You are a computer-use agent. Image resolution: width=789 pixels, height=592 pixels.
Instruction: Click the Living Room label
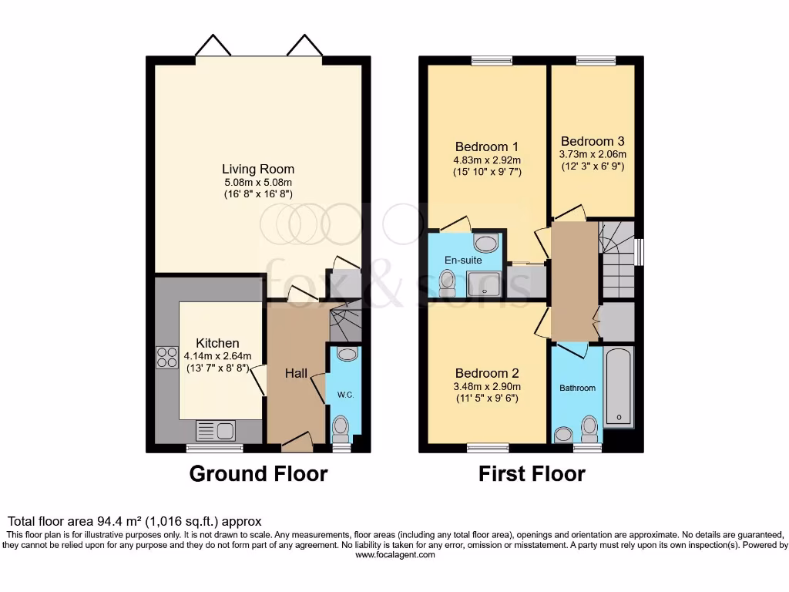click(x=258, y=169)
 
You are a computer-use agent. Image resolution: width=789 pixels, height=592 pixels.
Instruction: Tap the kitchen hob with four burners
click(x=167, y=358)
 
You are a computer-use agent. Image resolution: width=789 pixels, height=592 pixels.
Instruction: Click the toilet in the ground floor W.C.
click(x=341, y=425)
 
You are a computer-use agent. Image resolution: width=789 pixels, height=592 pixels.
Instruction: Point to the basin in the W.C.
click(x=347, y=354)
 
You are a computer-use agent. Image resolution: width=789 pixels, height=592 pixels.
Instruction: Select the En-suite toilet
click(x=445, y=286)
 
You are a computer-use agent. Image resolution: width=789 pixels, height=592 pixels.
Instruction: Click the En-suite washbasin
click(x=486, y=244)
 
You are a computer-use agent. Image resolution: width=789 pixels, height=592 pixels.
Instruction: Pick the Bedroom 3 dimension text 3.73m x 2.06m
click(x=592, y=153)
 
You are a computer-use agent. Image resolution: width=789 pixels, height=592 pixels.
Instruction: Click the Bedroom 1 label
click(x=486, y=146)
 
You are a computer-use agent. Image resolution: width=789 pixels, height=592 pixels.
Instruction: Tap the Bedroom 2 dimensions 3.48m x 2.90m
click(x=486, y=387)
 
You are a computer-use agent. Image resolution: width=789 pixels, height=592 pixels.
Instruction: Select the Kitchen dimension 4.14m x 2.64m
click(x=217, y=356)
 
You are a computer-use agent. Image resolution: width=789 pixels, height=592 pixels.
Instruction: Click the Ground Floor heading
click(x=258, y=473)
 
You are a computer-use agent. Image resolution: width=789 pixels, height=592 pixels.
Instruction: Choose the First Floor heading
click(x=532, y=473)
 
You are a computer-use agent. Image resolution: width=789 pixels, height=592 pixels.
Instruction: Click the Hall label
click(x=297, y=373)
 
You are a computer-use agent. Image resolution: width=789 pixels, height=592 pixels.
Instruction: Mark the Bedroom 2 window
click(x=488, y=448)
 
